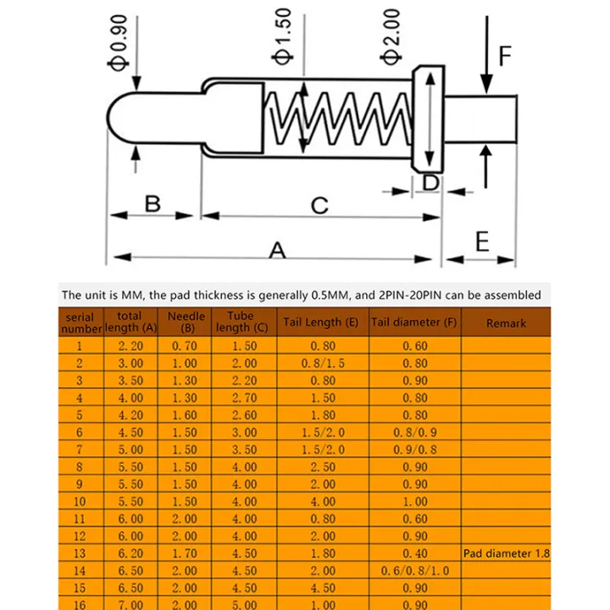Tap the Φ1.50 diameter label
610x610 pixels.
coord(283,38)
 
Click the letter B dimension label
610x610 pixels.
coord(152,203)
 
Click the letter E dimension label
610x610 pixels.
coord(482,242)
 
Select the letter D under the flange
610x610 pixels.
coord(430,182)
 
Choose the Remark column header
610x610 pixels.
coord(506,323)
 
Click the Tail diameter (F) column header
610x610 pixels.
coord(414,322)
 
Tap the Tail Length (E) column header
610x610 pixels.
coord(321,322)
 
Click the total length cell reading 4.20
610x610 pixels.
coord(130,415)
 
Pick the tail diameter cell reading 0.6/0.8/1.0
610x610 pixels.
coord(414,570)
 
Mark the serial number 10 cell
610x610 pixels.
coord(80,502)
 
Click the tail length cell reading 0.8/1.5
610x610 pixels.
coord(322,363)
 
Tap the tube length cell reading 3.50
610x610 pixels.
coord(244,449)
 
